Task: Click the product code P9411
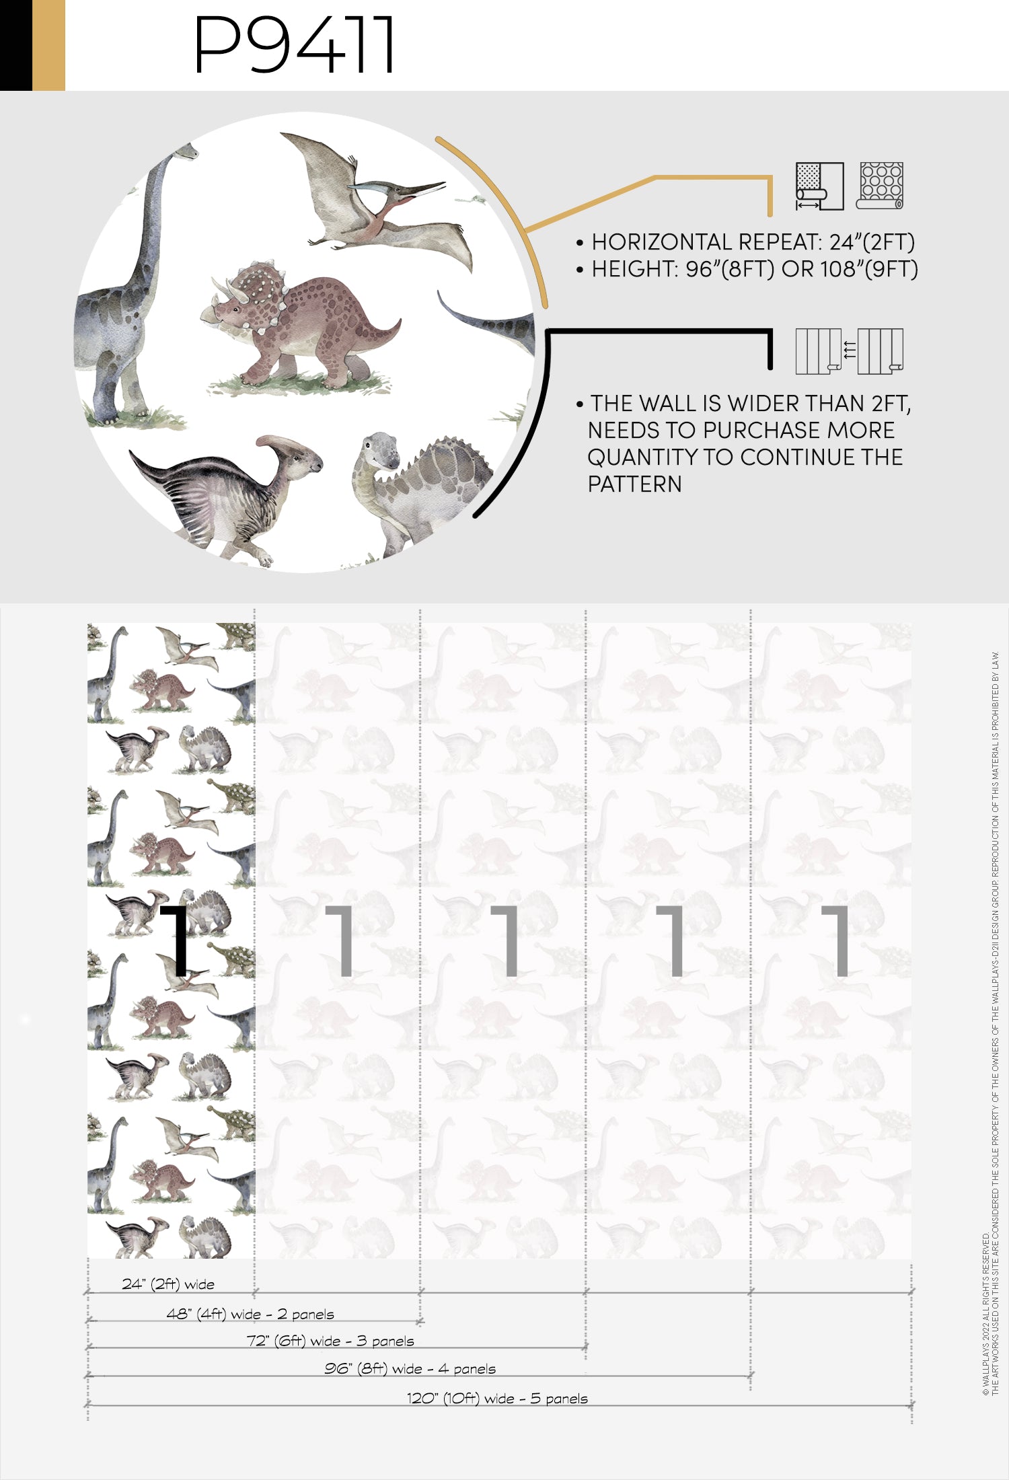294,44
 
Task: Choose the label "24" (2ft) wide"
168,1284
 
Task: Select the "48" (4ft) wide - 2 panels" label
250,1314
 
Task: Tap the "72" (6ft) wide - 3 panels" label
330,1341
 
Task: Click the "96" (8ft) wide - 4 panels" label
410,1368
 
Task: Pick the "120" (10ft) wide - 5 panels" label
497,1398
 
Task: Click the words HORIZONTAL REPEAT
705,242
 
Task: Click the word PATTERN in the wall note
634,484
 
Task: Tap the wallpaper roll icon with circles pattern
881,185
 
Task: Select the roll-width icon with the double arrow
819,186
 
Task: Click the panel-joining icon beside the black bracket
849,350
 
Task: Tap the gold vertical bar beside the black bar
48,45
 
